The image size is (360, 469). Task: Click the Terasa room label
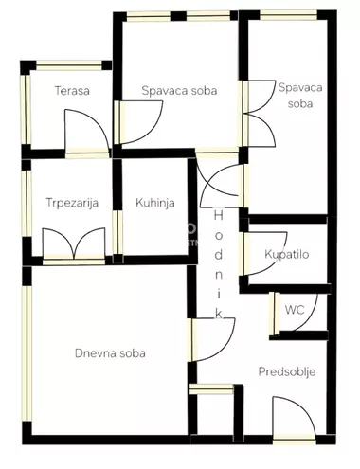coord(71,91)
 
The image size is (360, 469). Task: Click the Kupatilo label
coord(287,254)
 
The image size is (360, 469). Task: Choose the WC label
coord(295,309)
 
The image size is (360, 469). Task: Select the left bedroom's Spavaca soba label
coord(179,91)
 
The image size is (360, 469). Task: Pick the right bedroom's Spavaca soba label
coord(300,95)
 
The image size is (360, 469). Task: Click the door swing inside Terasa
coord(80,132)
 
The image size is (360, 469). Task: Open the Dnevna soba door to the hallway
coord(207,340)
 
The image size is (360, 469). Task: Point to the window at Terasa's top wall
coord(68,65)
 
